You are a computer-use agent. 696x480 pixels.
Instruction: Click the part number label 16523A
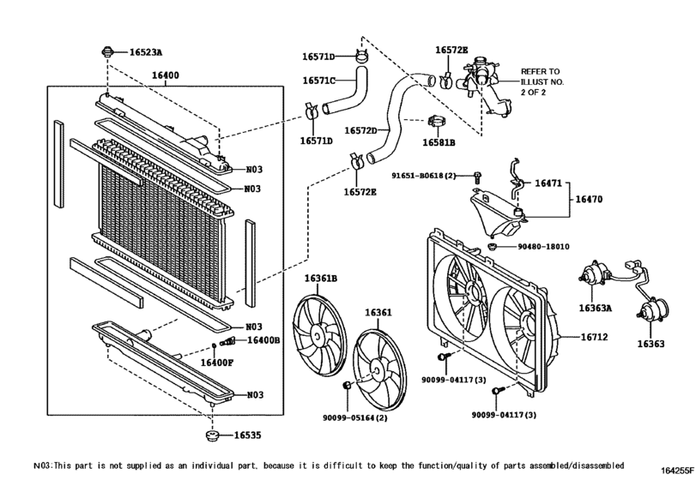(x=145, y=52)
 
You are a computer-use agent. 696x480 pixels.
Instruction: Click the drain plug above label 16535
(x=213, y=437)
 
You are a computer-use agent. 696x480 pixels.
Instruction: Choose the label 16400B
(x=263, y=340)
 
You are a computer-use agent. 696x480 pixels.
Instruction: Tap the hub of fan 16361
(x=378, y=370)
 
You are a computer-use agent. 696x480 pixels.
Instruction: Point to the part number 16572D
(x=360, y=130)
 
